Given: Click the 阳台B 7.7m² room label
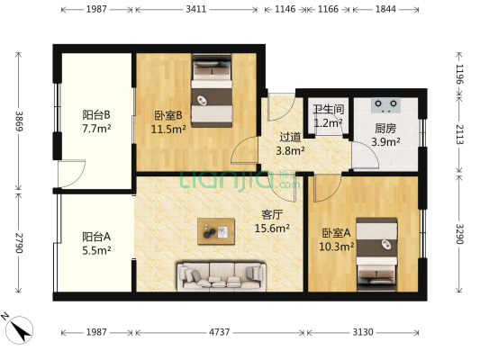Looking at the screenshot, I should [x=95, y=121].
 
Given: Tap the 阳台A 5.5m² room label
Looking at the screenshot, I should [x=95, y=244].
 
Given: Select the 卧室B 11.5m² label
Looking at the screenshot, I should [x=168, y=121].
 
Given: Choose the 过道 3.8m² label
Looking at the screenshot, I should [x=291, y=144].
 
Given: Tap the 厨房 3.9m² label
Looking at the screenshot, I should [x=385, y=135].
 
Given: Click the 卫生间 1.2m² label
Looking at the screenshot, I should [x=327, y=116].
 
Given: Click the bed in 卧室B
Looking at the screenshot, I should [x=213, y=92].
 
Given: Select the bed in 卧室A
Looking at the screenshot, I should [x=376, y=256].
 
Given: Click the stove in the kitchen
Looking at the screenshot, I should [x=386, y=103].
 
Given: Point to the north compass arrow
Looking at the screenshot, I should [x=18, y=328].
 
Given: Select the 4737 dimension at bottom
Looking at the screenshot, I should [x=220, y=333].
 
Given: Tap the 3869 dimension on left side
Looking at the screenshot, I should [x=17, y=121].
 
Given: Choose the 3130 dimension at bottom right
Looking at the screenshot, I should [x=363, y=333].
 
